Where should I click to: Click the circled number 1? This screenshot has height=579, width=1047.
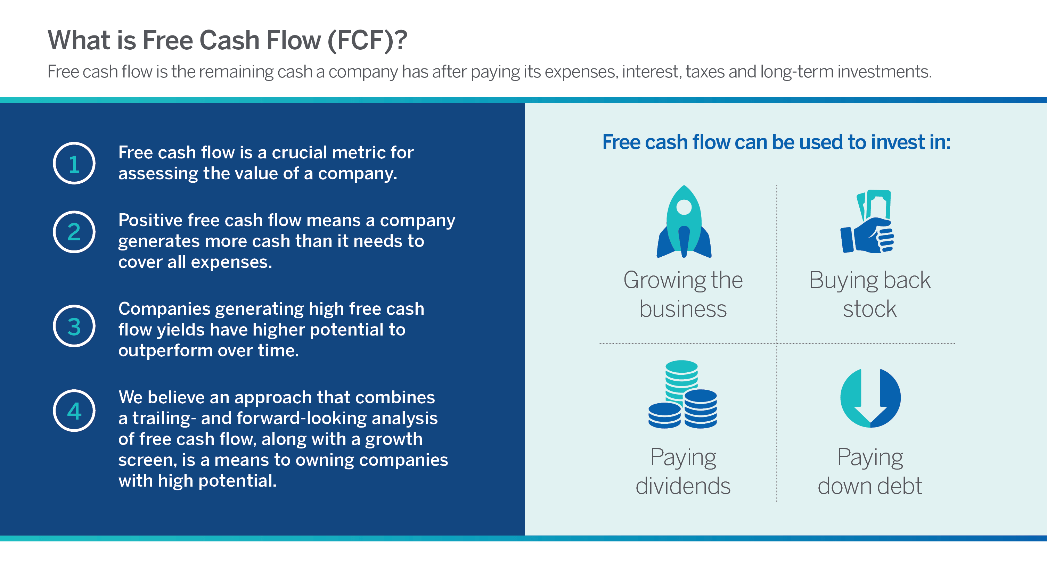click(74, 163)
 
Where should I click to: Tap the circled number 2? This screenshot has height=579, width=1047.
click(74, 232)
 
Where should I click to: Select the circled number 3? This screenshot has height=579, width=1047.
click(74, 326)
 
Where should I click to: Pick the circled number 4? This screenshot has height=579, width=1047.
click(74, 411)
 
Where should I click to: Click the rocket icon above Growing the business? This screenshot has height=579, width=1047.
click(684, 222)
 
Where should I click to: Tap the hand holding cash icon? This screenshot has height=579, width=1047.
click(867, 222)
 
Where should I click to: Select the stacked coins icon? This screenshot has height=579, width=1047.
click(682, 394)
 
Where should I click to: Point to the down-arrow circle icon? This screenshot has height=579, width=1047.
click(870, 398)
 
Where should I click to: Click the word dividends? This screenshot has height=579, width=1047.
click(683, 486)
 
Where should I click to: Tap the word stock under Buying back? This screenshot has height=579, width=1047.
click(869, 309)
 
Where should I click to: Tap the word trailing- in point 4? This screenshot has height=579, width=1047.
click(161, 419)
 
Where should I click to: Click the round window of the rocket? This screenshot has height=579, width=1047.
click(684, 207)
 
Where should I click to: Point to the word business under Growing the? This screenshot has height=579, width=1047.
click(683, 309)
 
